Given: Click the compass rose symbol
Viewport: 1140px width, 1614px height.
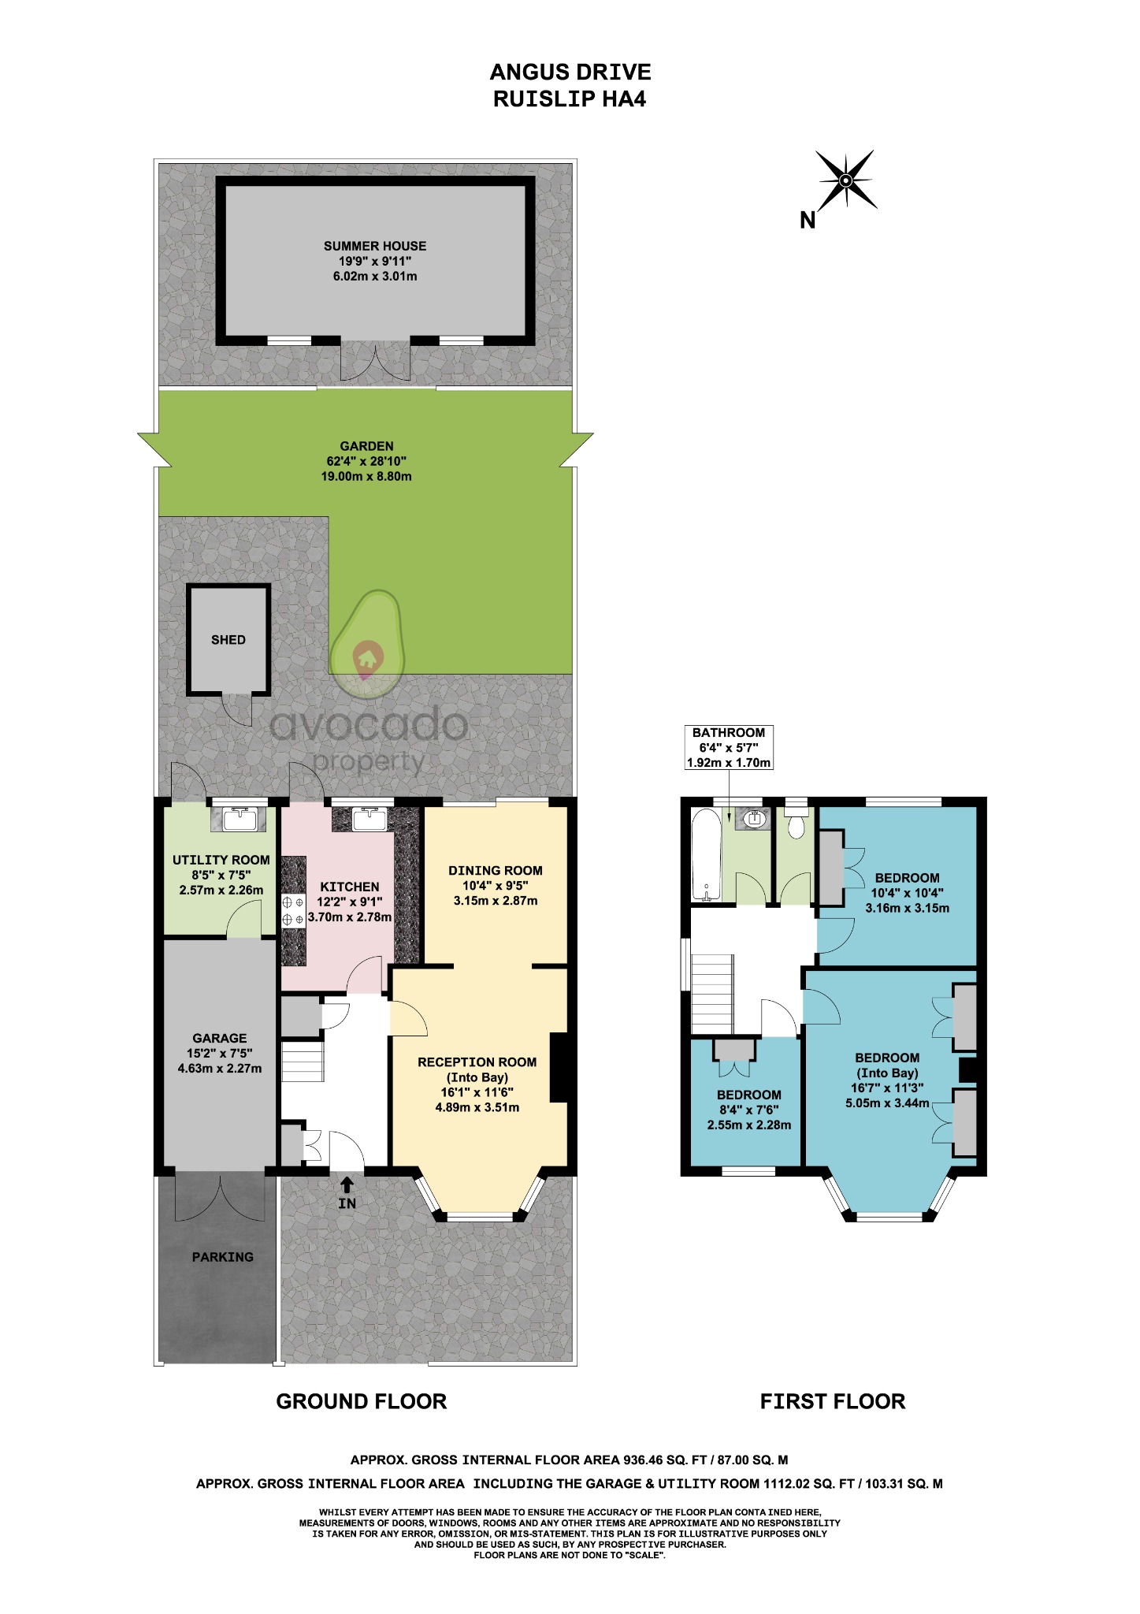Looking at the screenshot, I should coord(845,180).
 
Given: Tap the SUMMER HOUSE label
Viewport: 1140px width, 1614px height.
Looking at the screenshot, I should coord(375,246).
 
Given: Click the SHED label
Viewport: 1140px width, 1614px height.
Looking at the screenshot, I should coord(228,640).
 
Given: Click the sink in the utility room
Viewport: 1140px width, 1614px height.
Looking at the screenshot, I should coord(238,820).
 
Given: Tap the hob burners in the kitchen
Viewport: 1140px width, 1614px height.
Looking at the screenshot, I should coord(293,910).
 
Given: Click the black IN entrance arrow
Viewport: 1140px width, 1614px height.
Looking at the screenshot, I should coord(347,1184).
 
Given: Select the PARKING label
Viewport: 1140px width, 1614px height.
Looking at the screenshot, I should coord(223,1257).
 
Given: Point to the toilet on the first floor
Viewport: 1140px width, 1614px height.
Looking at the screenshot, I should coord(796,825).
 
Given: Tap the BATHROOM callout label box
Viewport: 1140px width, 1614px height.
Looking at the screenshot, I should coord(729,747).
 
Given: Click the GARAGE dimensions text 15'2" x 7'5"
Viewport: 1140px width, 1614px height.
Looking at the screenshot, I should coord(220,1054).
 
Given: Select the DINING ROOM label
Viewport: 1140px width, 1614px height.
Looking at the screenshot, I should coord(496,871).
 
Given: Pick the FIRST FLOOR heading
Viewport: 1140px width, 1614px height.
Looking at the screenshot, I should coord(832,1401).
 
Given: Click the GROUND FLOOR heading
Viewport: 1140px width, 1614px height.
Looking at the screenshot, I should coord(362,1401).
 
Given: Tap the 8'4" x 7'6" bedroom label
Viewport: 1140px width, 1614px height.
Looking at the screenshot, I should coord(748,1110).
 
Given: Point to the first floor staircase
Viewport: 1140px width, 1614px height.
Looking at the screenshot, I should coord(712,995).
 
